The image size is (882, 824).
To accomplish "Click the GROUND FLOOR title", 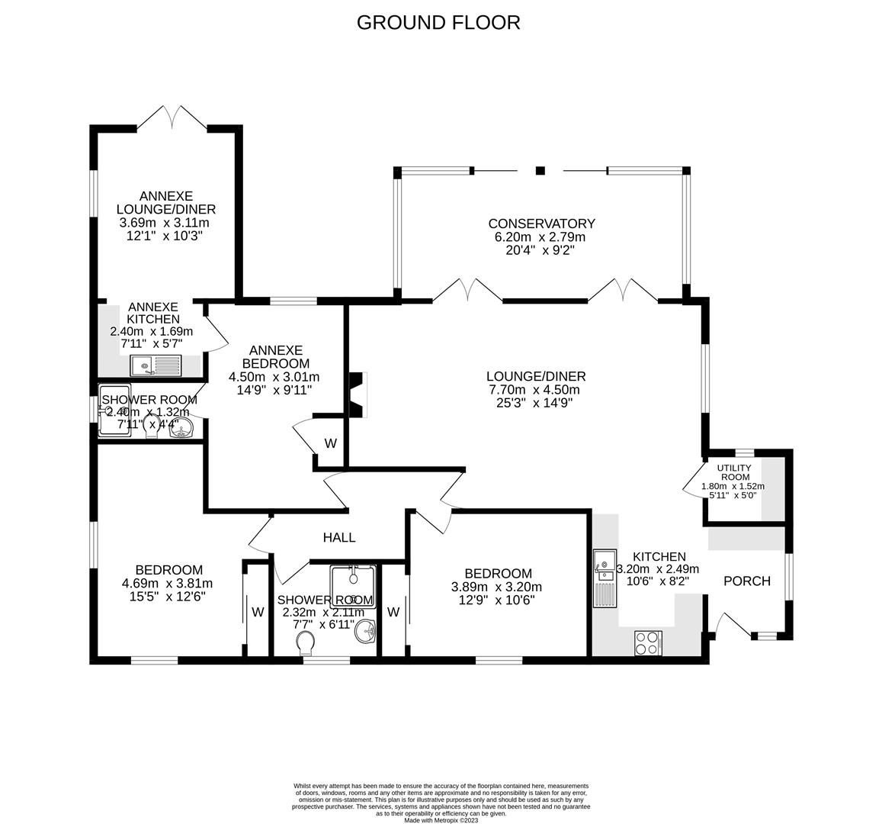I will point(438,23).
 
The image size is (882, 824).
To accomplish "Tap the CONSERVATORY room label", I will point(541,224).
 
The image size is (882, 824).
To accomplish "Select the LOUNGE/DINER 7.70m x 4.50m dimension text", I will point(536,389).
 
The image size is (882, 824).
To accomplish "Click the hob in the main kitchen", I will point(648,643).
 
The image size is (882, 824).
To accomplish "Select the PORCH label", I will point(746,581).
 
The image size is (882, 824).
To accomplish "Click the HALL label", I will point(338,538).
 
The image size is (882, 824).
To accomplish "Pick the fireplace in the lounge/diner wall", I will point(357,394).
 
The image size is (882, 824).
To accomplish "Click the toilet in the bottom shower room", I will point(306,643).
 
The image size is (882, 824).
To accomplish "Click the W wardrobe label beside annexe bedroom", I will point(331,443).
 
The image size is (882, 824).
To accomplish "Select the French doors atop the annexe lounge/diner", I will point(172,118).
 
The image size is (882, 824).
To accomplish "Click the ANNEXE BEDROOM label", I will point(274,357).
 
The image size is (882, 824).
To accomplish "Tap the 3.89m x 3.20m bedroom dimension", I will point(499,587).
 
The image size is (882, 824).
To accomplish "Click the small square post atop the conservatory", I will point(540,170).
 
